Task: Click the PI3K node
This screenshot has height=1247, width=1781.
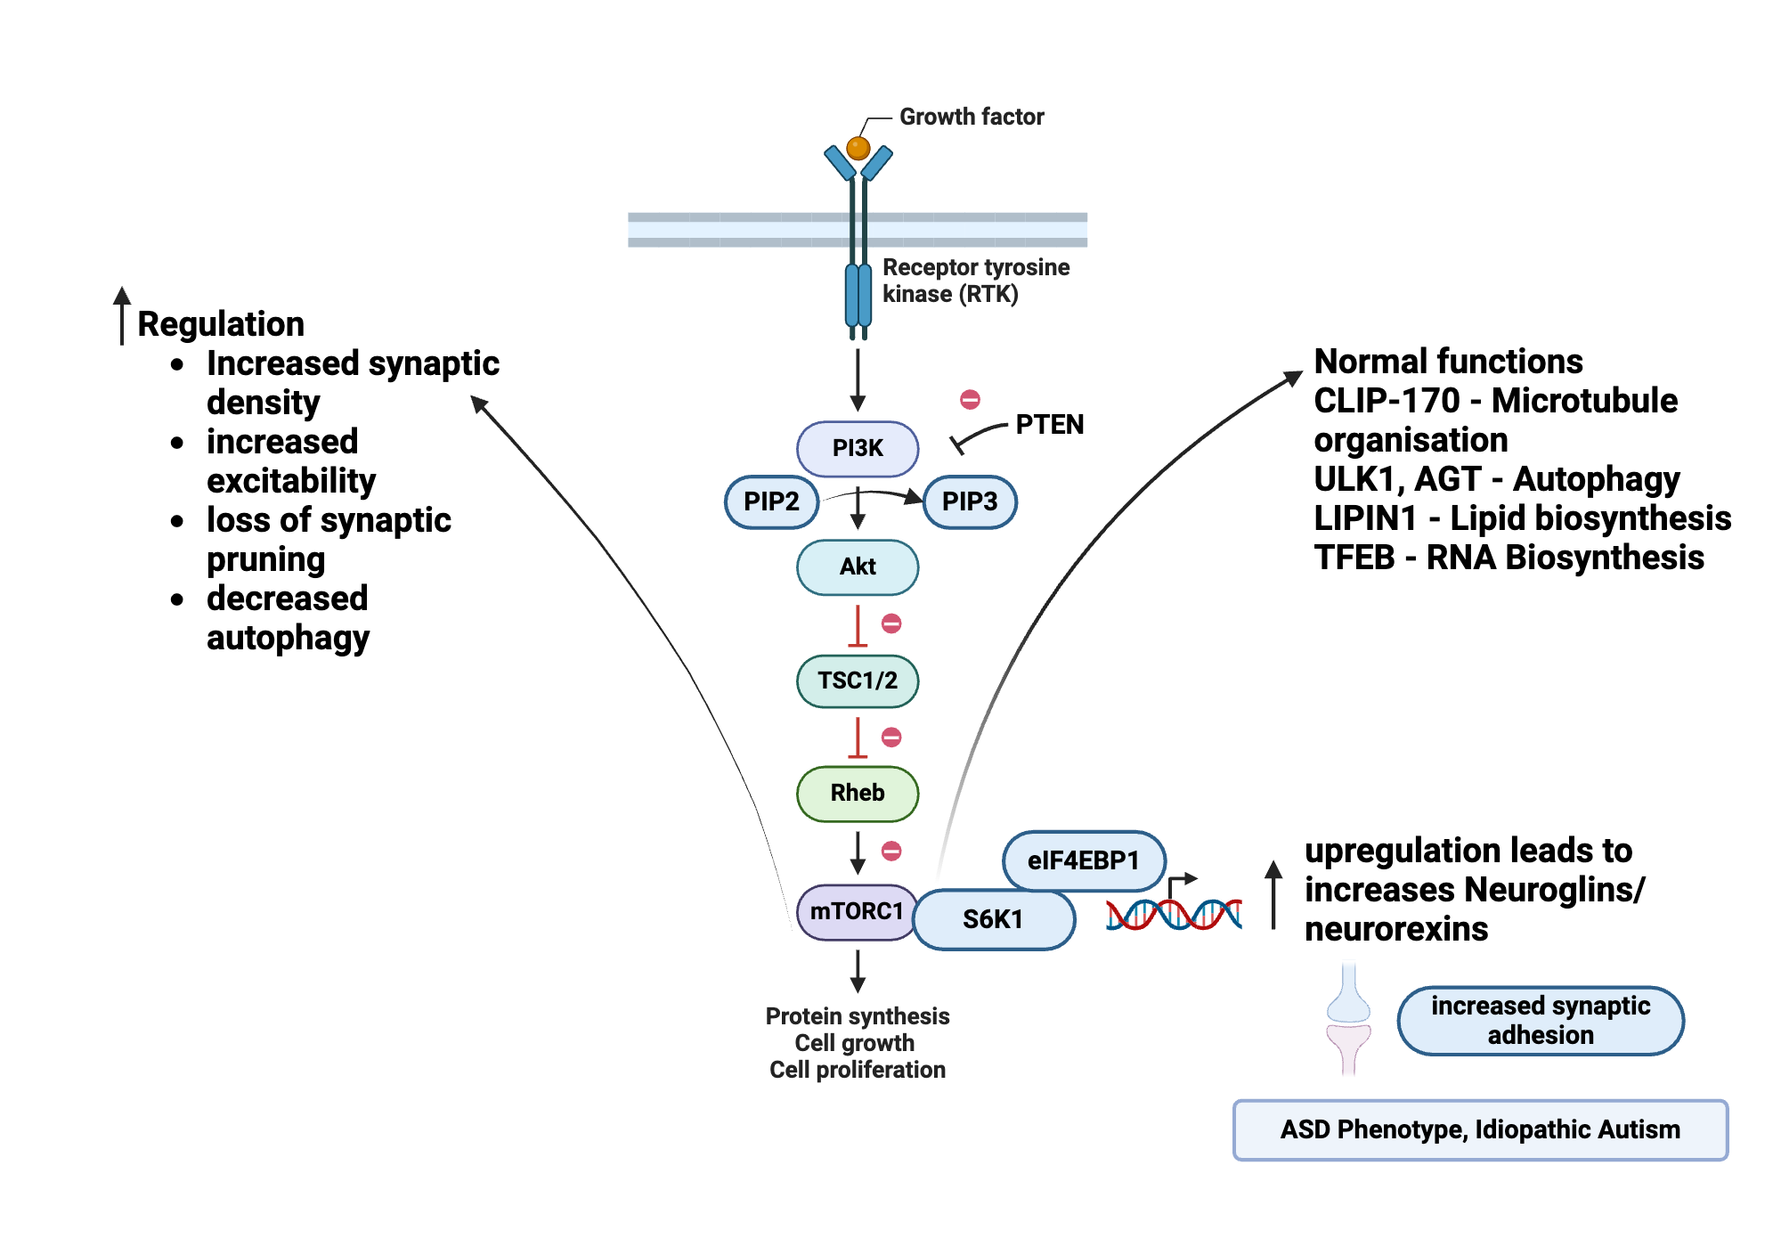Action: point(857,448)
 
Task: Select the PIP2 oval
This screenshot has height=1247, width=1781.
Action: point(771,501)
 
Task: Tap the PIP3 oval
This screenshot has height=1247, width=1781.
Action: point(970,501)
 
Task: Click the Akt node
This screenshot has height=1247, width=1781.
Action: point(857,566)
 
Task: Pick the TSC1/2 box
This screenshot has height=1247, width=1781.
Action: point(857,681)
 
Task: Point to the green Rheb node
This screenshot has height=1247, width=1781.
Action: point(857,793)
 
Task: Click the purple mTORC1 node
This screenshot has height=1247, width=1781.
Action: point(856,911)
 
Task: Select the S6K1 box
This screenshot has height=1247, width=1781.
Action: point(993,919)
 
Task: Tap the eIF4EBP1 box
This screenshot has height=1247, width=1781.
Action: point(1083,860)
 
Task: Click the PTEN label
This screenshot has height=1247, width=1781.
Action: point(1049,425)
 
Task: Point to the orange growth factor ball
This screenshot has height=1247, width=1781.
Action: point(858,148)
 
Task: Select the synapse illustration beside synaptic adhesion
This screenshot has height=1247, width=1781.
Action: point(1348,1020)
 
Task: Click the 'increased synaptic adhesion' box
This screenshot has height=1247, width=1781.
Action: point(1540,1021)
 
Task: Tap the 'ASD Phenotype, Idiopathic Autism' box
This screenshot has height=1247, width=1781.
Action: point(1479,1129)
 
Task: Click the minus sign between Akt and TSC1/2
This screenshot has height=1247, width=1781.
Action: point(891,623)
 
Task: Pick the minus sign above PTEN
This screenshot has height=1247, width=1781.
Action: point(970,399)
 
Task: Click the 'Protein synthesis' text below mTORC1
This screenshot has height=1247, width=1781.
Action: point(857,1016)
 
